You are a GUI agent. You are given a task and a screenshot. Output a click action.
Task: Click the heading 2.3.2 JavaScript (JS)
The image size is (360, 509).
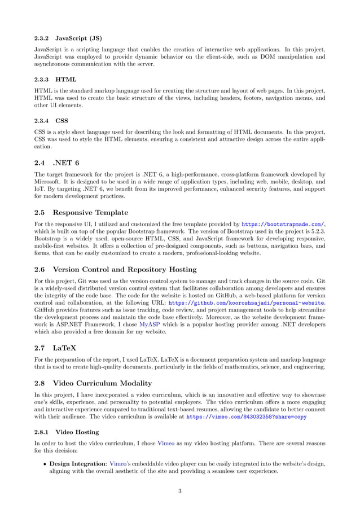pos(68,38)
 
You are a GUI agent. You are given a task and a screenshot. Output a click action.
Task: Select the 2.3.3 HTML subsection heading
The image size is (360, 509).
pos(55,80)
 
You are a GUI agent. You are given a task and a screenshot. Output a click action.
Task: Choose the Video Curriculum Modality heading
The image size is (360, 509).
pos(108,384)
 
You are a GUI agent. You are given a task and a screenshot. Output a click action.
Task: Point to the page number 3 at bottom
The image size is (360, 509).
pos(180,491)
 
